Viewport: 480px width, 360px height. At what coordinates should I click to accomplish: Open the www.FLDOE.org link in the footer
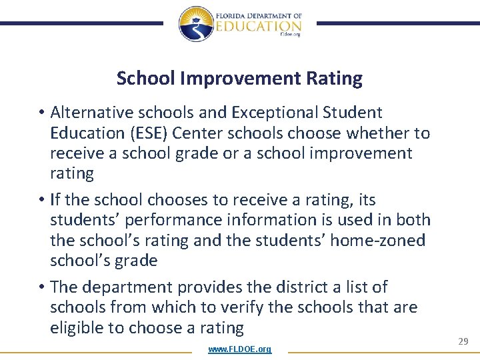pos(239,349)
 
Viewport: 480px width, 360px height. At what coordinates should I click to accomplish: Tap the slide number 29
pos(463,341)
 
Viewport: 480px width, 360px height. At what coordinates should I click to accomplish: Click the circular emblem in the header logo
pos(195,23)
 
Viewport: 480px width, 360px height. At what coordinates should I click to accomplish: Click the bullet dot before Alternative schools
pos(41,113)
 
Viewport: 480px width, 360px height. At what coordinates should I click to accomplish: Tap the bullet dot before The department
pos(41,288)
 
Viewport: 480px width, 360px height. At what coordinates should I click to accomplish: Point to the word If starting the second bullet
pos(56,200)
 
